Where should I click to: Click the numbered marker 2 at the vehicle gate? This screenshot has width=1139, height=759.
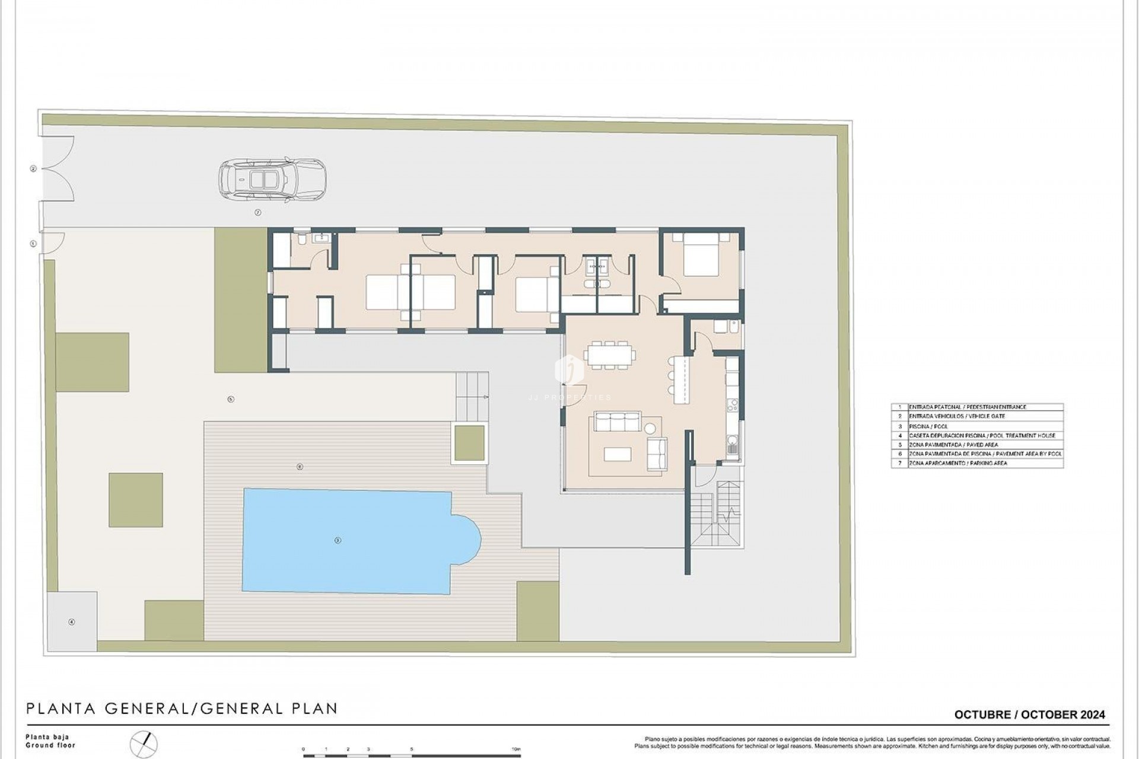33,169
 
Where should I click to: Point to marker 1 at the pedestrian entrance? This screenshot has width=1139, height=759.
33,244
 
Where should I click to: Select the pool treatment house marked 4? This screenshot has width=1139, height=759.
72,622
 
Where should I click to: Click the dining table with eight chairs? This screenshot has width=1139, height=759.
609,355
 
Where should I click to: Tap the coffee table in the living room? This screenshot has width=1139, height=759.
618,454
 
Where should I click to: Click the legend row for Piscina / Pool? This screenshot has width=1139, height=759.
976,426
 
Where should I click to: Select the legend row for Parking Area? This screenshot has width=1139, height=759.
976,463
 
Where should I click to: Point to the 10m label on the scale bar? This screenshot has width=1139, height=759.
516,750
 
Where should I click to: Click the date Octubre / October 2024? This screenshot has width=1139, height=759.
1029,715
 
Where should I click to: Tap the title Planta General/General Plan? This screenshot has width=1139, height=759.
182,709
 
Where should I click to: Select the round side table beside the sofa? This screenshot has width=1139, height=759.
651,428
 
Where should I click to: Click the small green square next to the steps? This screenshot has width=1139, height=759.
469,444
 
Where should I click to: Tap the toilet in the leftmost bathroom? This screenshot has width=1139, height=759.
303,238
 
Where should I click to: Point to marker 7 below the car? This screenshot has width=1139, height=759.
258,212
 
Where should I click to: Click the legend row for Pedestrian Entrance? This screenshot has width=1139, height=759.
976,407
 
